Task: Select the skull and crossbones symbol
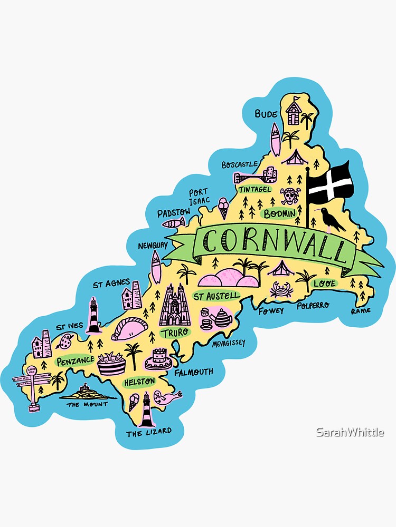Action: pos(289,197)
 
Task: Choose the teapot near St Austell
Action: pos(222,317)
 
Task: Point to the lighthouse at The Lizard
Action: pos(146,409)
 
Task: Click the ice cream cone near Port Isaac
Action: pos(223,207)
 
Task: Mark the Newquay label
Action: pos(153,246)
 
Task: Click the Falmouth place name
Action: pos(193,372)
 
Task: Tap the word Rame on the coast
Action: pos(361,310)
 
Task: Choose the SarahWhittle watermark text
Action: pos(350,432)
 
